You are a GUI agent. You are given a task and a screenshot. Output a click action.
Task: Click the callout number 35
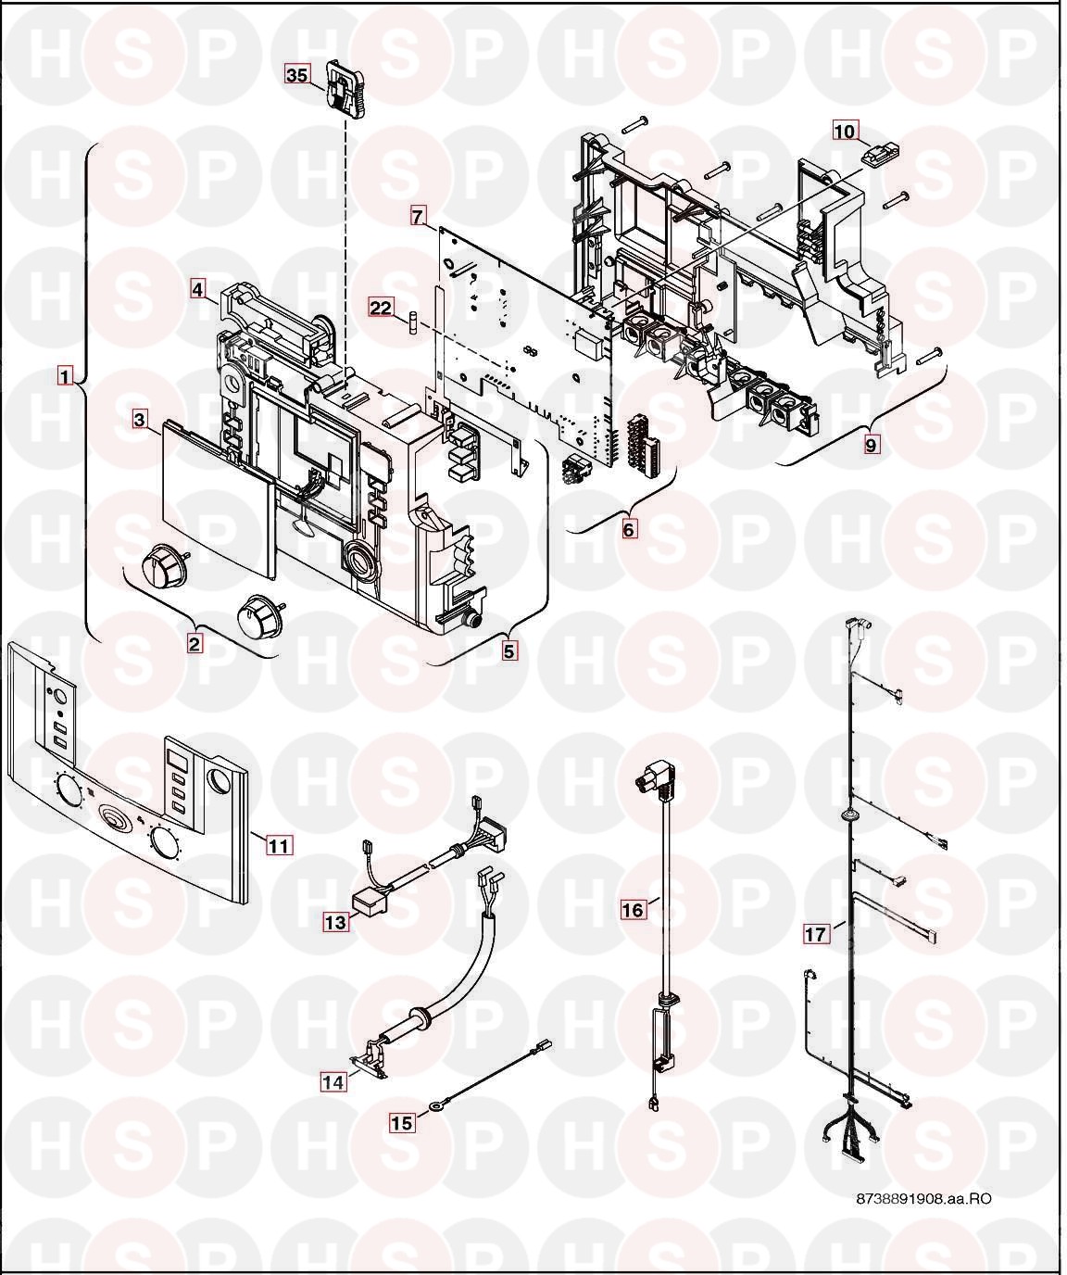(x=297, y=75)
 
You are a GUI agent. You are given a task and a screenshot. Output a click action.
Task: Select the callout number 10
(x=845, y=132)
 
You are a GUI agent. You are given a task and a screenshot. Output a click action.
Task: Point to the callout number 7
(x=417, y=217)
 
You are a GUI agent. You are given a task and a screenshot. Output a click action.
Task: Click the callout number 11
(x=279, y=846)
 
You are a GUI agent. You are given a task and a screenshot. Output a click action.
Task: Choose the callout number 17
(x=815, y=934)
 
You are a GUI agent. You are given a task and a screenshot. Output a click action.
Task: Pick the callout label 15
(x=402, y=1123)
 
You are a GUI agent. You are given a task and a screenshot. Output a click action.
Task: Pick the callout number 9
(x=871, y=445)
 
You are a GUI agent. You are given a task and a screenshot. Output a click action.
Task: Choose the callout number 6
(x=629, y=529)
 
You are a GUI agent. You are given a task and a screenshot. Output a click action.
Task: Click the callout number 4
(x=197, y=289)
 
